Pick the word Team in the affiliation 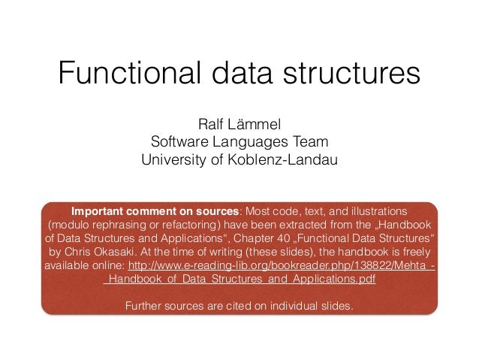[x=311, y=141]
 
